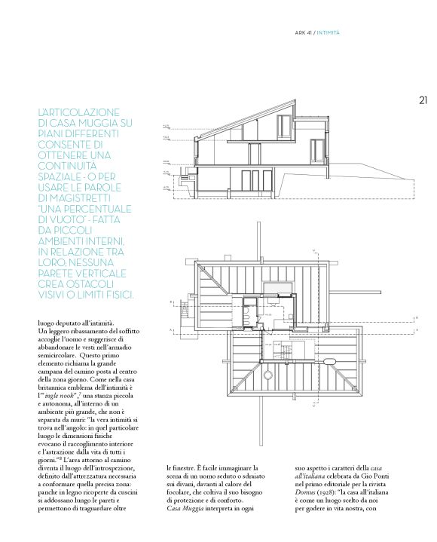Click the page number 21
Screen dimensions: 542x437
coord(423,99)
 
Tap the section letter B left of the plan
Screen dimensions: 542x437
coord(173,302)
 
